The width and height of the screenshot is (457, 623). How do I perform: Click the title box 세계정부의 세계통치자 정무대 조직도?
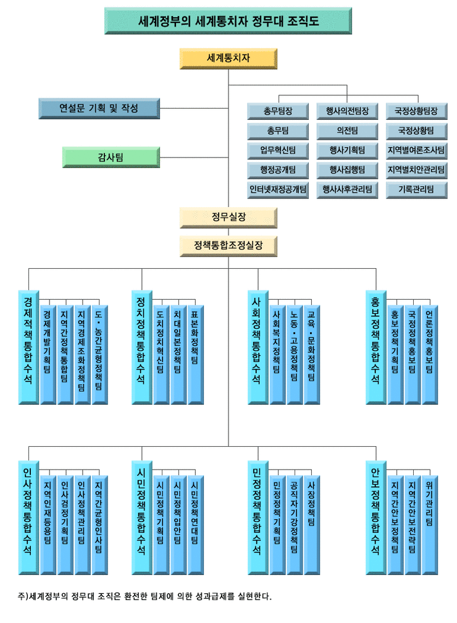[x=228, y=21]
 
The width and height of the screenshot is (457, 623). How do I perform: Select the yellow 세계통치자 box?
[x=228, y=59]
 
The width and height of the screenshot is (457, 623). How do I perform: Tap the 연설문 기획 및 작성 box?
[x=98, y=108]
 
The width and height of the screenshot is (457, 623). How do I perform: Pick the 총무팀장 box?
[x=278, y=111]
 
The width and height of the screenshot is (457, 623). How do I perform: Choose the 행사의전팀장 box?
[x=347, y=111]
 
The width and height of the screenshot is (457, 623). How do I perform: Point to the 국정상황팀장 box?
[x=416, y=111]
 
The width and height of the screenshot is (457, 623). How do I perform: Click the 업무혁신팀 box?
[x=278, y=150]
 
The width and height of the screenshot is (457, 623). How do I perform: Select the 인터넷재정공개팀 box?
[x=278, y=190]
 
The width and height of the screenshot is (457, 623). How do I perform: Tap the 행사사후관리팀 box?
[x=347, y=190]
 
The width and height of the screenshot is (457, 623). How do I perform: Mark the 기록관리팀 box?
[x=416, y=190]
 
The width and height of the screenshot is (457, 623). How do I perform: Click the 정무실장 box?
[x=228, y=217]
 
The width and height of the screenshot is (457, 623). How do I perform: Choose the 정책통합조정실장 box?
[x=228, y=245]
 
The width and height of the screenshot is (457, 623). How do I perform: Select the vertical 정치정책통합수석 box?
[x=141, y=346]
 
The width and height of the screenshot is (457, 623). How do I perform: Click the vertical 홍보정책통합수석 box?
[x=375, y=346]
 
